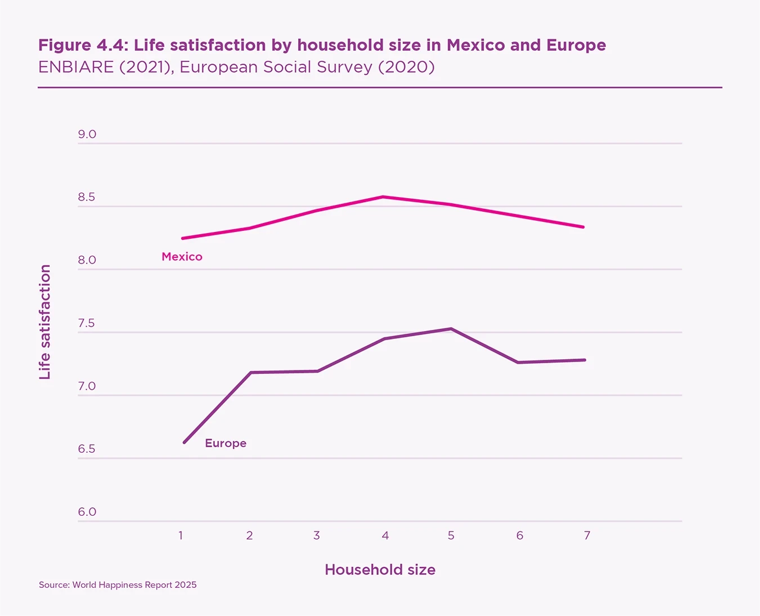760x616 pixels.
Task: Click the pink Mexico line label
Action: click(182, 257)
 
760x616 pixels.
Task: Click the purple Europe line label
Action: click(226, 443)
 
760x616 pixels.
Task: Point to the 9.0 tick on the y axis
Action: click(87, 135)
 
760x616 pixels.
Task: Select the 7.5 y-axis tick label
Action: click(87, 323)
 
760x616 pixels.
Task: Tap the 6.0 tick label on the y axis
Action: click(87, 512)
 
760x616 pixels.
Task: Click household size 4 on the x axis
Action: click(385, 535)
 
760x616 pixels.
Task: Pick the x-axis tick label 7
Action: click(587, 535)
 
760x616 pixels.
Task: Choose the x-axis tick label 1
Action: click(181, 535)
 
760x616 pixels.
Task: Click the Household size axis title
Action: click(380, 570)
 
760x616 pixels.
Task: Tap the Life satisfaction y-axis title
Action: click(45, 322)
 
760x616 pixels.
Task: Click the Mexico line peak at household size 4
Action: click(383, 197)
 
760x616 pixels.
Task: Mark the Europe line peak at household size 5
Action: click(451, 329)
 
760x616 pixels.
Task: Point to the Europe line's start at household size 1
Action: click(184, 443)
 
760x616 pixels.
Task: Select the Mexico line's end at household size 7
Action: click(583, 227)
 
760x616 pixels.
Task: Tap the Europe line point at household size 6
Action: click(518, 362)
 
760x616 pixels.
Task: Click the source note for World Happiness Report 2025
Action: click(118, 585)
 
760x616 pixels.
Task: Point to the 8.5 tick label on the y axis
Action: click(87, 197)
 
